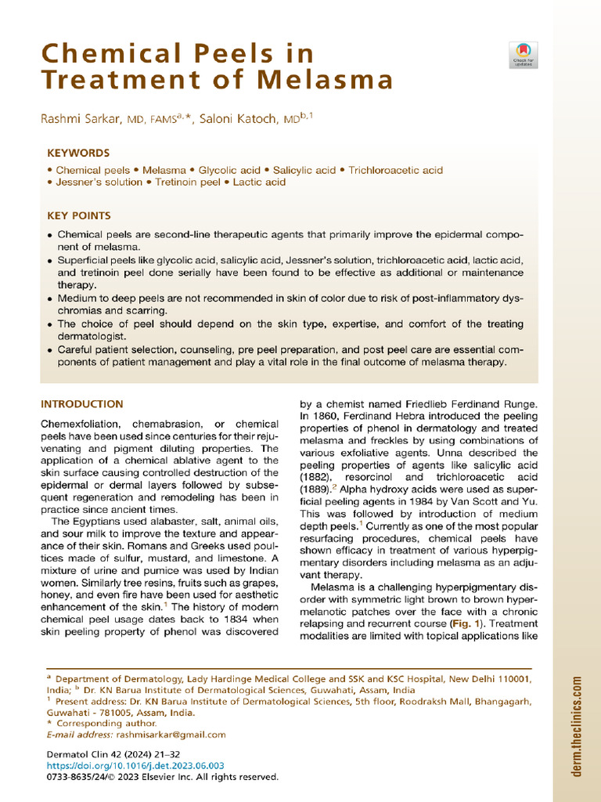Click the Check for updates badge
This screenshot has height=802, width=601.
(523, 53)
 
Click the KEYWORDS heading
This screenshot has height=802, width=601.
(78, 154)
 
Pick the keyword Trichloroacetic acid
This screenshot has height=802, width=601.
(395, 170)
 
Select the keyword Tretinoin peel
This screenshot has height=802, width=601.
(186, 182)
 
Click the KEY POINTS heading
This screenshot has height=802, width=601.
(79, 215)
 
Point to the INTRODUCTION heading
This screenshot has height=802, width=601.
(81, 404)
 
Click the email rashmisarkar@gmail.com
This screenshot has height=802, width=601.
(171, 735)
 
